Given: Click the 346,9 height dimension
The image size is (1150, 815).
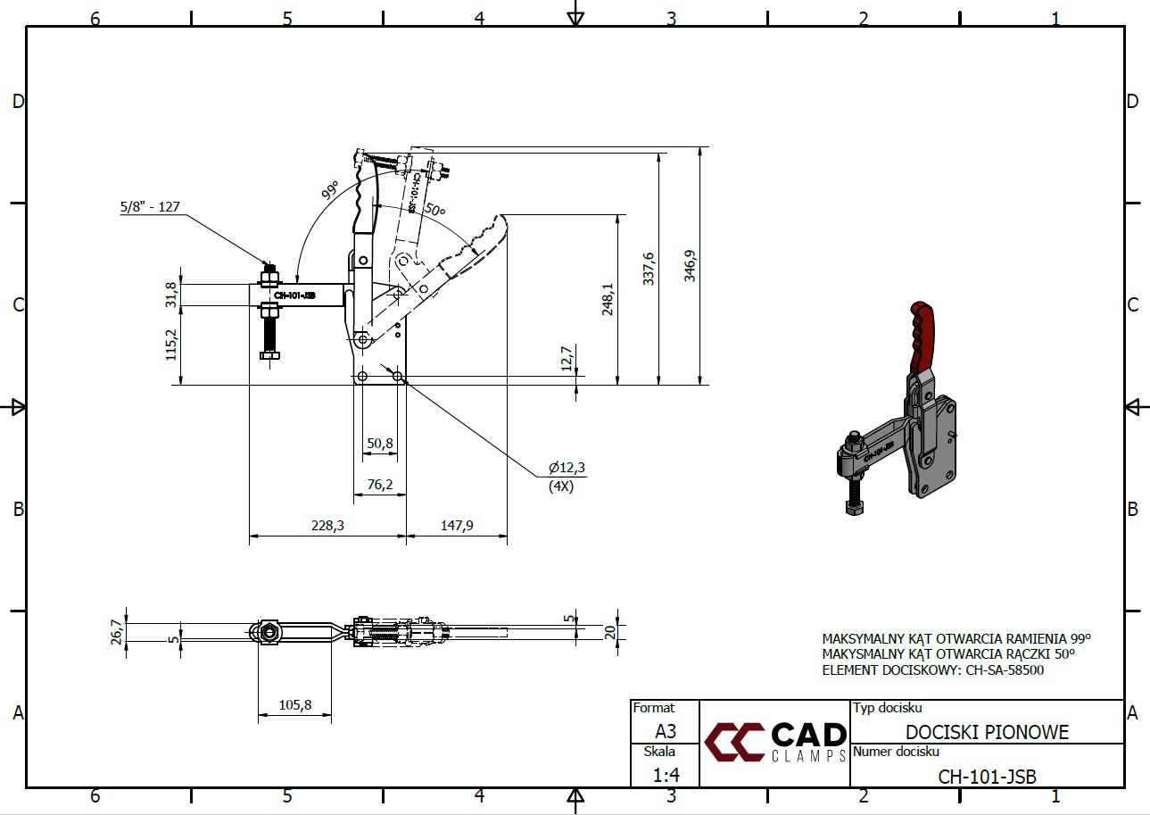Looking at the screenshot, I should click(690, 266).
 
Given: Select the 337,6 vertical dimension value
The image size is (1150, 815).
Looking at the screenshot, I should click(649, 268).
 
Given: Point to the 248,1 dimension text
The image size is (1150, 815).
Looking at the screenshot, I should click(608, 300).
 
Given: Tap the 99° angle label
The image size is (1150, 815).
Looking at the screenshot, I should click(331, 190).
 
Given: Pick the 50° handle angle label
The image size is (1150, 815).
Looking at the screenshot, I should click(434, 210).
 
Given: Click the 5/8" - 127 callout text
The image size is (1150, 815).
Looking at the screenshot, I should click(150, 206).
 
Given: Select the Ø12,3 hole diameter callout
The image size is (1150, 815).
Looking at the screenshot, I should click(567, 468).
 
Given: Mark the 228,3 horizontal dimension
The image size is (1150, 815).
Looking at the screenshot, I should click(327, 526).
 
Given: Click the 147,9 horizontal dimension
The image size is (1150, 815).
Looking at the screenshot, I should click(456, 526).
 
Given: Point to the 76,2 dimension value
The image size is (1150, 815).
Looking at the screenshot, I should click(379, 484).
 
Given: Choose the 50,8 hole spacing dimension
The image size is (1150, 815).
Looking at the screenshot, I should click(379, 442).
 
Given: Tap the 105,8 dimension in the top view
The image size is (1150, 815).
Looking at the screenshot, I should click(294, 704).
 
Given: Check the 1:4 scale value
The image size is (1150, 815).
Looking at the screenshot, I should click(666, 775).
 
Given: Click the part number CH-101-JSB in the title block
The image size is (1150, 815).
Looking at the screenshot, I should click(987, 776).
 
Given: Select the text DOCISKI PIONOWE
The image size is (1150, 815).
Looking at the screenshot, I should click(987, 733).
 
